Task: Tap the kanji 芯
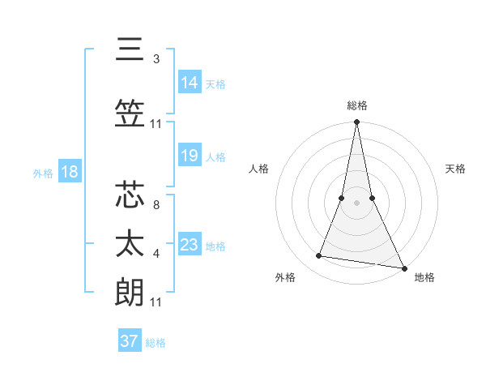[x=130, y=197]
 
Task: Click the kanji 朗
[x=130, y=293]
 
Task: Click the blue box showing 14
[x=190, y=83]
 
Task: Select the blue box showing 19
[x=190, y=156]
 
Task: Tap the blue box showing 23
[x=190, y=245]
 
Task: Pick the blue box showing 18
[x=69, y=172]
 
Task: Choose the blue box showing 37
[x=129, y=341]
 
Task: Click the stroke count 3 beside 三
[x=156, y=59]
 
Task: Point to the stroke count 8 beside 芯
[x=156, y=205]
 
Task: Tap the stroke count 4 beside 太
[x=156, y=254]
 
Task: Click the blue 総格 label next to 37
[x=156, y=343]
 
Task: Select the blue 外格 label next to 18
[x=43, y=173]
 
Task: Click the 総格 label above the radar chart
[x=356, y=105]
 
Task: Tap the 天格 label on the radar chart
[x=456, y=169]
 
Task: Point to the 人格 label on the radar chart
[x=258, y=169]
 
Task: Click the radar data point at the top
[x=356, y=122]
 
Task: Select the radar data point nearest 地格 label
[x=403, y=268]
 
